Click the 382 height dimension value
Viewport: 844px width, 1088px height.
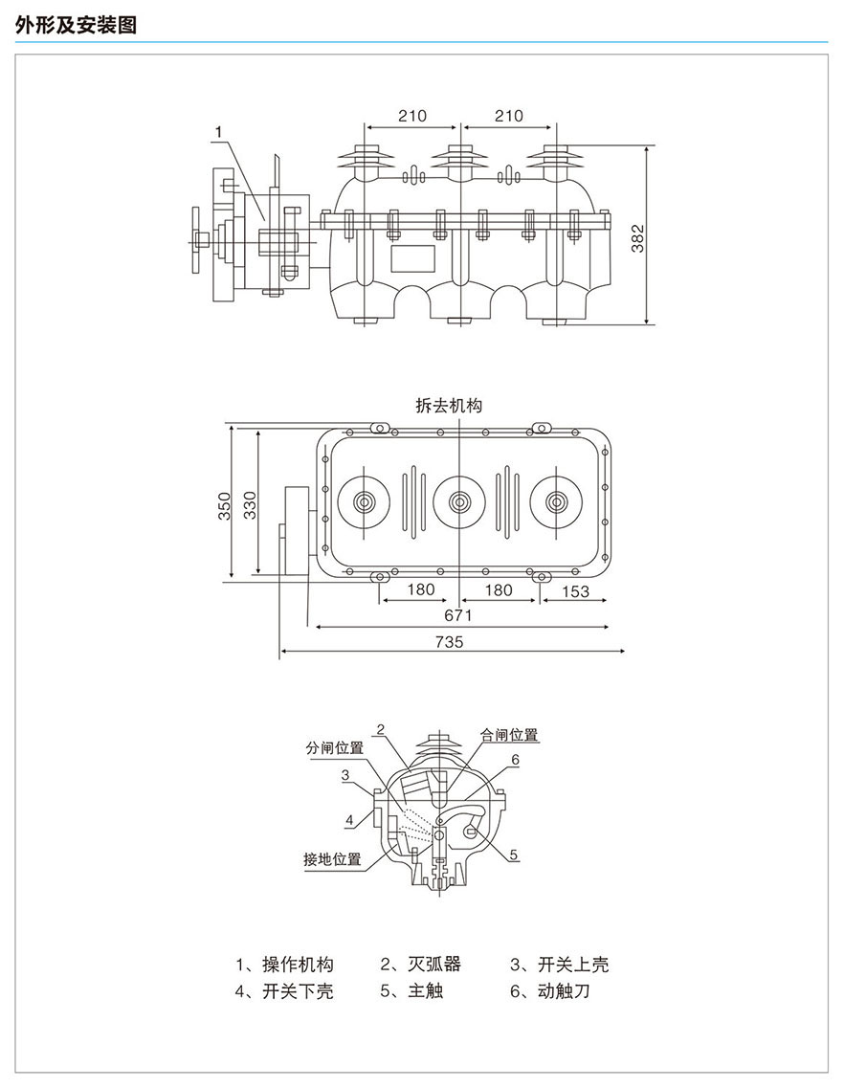tap(638, 237)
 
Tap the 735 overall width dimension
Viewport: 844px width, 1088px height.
tap(448, 642)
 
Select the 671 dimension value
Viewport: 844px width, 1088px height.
tap(458, 615)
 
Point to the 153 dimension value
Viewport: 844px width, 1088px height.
tap(574, 590)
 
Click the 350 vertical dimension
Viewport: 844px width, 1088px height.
tap(223, 505)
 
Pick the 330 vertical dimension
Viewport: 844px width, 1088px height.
tap(249, 505)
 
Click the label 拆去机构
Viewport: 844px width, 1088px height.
tap(449, 405)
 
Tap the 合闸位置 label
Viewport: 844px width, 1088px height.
tap(509, 735)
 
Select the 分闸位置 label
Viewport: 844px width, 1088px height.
tap(335, 747)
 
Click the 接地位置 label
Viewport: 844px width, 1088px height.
tap(332, 858)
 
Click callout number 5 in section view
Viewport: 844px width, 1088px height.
tap(514, 855)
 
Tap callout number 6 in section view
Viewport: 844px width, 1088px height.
tap(514, 760)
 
